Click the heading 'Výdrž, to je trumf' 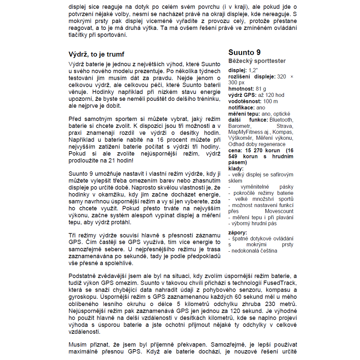(96, 54)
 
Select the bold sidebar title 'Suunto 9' (244, 53)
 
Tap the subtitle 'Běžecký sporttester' (257, 61)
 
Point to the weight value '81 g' (261, 89)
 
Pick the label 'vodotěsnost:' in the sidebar (245, 101)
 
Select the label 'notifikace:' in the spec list (242, 107)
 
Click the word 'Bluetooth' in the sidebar (281, 120)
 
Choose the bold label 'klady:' (236, 168)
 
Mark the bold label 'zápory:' (238, 233)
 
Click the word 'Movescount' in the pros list (279, 211)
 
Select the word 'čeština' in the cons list (267, 251)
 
